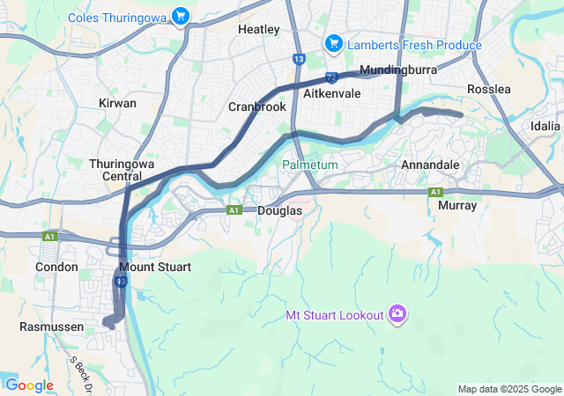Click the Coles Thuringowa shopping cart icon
tap(181, 16)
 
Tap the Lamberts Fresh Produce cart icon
tap(333, 44)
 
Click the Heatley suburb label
tap(259, 29)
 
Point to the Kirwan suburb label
tap(118, 103)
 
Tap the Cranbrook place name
tap(257, 106)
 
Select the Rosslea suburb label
tap(489, 90)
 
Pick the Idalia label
tap(545, 126)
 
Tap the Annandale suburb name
tap(430, 165)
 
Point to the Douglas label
tap(280, 211)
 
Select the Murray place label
tap(457, 205)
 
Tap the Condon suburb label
tap(57, 266)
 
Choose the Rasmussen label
tap(51, 326)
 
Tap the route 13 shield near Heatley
tap(299, 59)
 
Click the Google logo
tap(29, 385)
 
